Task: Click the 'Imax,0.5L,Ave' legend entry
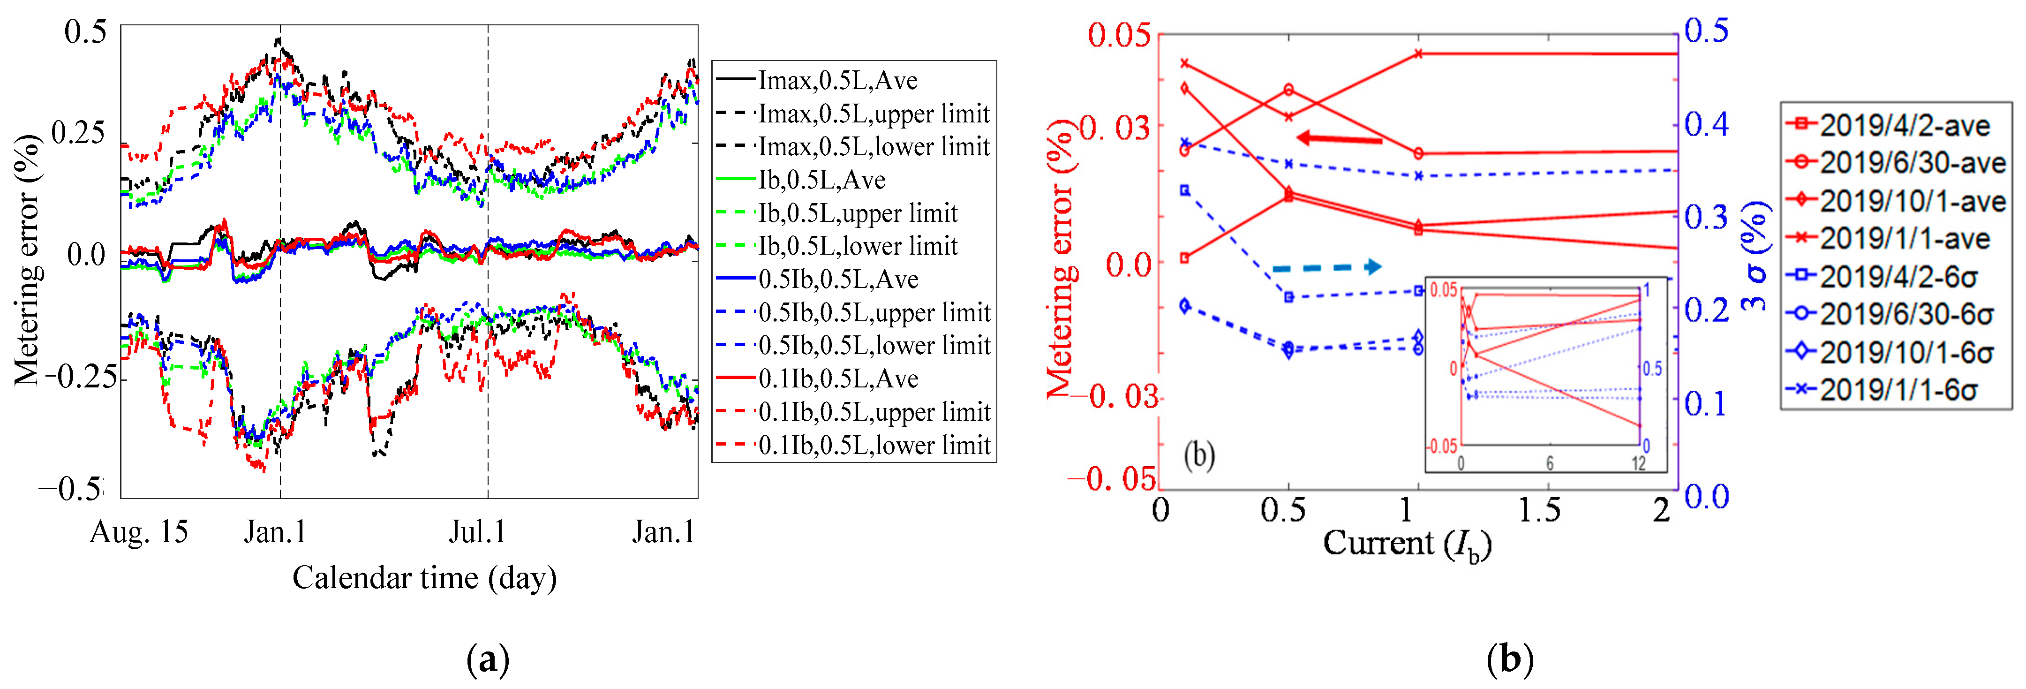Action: coord(837,80)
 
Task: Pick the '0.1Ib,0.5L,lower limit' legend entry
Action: coord(874,445)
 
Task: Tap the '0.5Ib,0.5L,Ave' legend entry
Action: coord(837,279)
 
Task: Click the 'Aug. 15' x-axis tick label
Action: coord(139,532)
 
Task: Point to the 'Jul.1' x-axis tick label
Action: coord(477,532)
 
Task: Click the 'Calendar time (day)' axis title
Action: coord(425,578)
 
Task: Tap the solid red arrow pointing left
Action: coord(1339,139)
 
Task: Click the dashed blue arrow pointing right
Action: coord(1327,267)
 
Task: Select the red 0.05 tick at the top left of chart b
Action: coord(1119,35)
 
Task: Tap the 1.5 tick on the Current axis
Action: coord(1539,510)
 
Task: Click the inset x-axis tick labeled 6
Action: coord(1549,463)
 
